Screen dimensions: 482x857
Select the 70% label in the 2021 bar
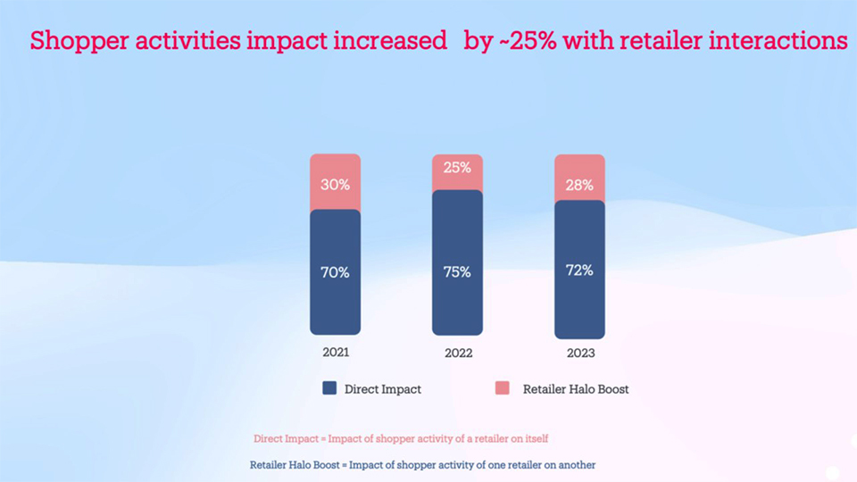(335, 272)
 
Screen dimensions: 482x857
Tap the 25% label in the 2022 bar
(457, 167)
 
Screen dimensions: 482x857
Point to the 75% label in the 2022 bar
(457, 272)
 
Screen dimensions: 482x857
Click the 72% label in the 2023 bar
(579, 270)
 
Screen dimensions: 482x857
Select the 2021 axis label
(336, 352)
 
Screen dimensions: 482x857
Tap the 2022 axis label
(458, 353)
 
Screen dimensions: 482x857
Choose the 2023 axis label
(580, 353)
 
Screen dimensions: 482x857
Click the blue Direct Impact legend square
(329, 388)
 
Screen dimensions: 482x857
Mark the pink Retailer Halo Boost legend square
(503, 388)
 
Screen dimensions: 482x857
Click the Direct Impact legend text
(383, 389)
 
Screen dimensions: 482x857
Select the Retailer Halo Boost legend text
(576, 389)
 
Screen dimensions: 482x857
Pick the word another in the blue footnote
(574, 465)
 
